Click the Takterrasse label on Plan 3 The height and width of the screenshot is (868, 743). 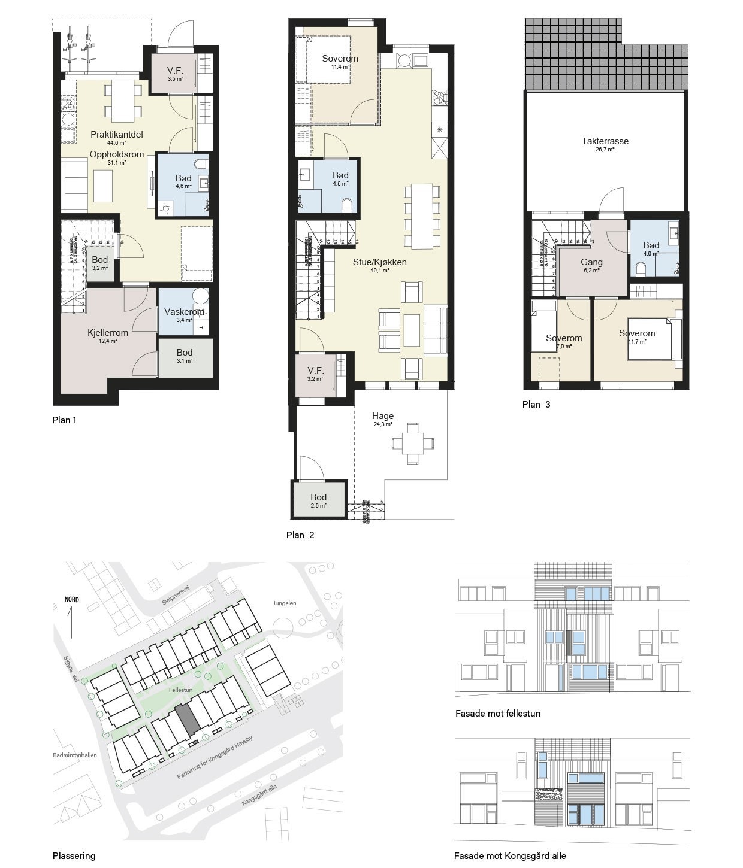click(x=605, y=142)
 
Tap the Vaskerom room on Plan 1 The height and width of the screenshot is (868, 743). click(x=183, y=312)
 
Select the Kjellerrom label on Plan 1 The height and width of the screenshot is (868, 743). click(x=108, y=333)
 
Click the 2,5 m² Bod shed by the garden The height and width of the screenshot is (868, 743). click(x=319, y=499)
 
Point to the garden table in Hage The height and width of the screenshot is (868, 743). click(x=412, y=444)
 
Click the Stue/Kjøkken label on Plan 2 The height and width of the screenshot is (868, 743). click(x=379, y=262)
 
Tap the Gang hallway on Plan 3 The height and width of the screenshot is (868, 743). click(x=591, y=263)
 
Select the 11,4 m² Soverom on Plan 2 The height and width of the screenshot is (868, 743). click(x=340, y=59)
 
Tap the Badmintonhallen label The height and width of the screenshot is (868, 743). click(x=75, y=755)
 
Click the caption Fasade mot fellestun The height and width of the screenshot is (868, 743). click(x=497, y=714)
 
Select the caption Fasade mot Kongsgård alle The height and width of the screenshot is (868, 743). click(x=509, y=855)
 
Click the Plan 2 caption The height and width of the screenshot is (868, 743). click(x=300, y=535)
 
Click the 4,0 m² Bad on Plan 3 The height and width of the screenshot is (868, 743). click(x=651, y=247)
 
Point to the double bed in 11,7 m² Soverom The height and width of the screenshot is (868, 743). click(x=653, y=339)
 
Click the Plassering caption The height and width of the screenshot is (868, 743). click(x=74, y=855)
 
